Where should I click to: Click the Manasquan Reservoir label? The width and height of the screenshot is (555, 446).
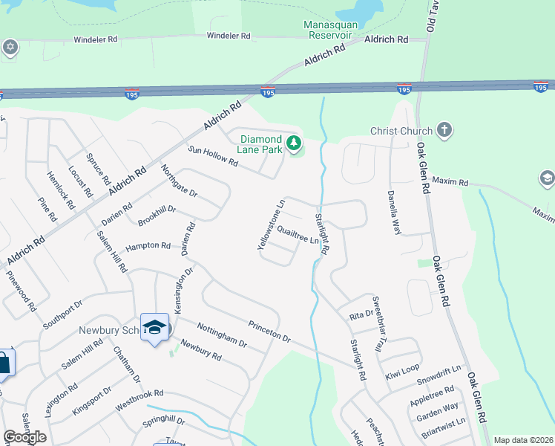click(331, 30)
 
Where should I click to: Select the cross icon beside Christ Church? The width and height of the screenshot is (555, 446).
click(444, 131)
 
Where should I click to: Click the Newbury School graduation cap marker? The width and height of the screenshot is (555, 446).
click(154, 327)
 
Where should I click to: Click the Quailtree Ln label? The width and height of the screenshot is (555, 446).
click(298, 236)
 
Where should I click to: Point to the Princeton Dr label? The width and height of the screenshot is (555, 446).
click(269, 330)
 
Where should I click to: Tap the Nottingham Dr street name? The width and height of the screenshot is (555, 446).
click(222, 334)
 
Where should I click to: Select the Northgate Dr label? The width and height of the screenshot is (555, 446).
click(179, 181)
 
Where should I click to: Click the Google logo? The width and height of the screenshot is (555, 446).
click(24, 437)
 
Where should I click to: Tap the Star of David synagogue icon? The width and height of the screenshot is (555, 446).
click(10, 48)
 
